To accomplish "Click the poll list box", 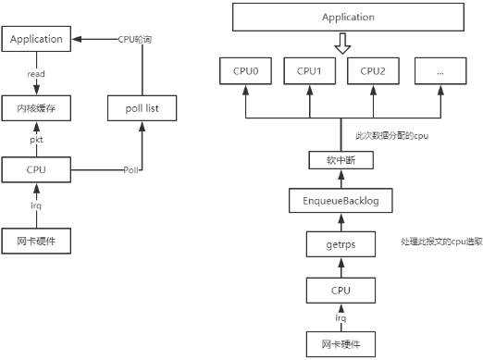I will point(141,108).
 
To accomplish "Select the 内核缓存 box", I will point(37,108).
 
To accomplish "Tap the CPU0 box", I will point(246,70).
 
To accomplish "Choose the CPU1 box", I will point(310,70).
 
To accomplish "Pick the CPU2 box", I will point(373,70).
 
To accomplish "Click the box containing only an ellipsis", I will point(440,70).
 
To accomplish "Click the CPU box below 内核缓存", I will point(37,170).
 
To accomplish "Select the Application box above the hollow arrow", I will point(349,18).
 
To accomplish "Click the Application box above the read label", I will point(37,40).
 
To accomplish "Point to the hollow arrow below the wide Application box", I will point(342,43).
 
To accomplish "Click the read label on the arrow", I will point(37,73).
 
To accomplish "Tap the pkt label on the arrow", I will point(37,140).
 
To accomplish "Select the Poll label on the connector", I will point(131,170).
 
